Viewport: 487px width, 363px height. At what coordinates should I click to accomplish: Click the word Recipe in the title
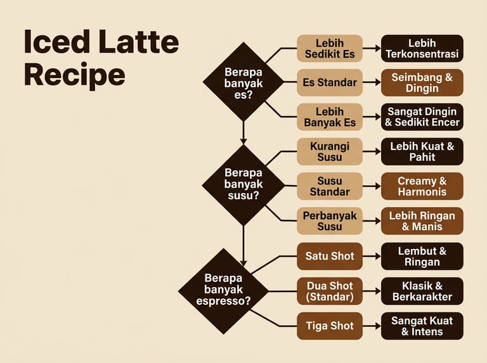coord(74,75)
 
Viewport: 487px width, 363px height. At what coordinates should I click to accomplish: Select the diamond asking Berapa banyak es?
coord(243,82)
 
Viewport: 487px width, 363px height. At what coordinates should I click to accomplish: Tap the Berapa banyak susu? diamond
coord(243,184)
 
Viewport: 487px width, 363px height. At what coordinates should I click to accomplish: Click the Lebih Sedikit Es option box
coord(330,48)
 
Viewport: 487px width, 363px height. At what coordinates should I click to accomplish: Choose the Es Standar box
coord(330,82)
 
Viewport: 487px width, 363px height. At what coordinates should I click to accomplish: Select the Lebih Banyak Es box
coord(330,117)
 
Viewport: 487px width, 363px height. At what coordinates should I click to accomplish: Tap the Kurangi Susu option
coord(330,151)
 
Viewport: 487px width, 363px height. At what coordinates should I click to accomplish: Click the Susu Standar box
coord(330,186)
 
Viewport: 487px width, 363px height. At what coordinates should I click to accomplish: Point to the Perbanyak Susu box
coord(330,220)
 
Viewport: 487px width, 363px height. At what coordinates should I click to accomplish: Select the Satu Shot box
coord(330,256)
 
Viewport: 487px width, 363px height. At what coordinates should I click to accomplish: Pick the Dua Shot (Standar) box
coord(330,291)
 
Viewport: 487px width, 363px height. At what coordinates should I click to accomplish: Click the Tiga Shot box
coord(330,326)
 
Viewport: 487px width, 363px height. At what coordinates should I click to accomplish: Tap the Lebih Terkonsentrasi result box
coord(422,48)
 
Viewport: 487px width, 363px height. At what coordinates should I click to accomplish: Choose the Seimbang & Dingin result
coord(422,82)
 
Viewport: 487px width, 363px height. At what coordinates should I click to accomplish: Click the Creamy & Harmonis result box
coord(422,186)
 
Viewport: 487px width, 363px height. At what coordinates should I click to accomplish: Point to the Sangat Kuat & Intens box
coord(422,326)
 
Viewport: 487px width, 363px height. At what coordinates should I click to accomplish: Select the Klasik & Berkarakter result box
coord(422,291)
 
